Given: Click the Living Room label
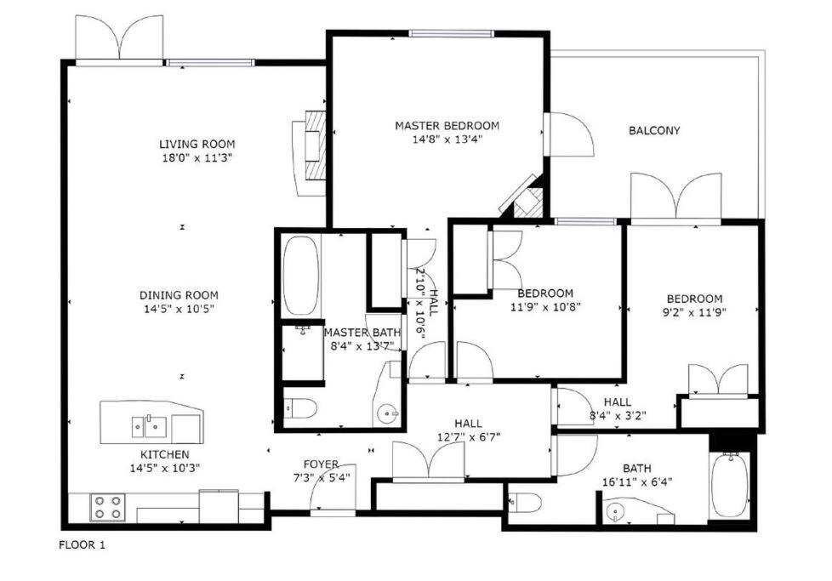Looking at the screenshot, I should (x=197, y=144).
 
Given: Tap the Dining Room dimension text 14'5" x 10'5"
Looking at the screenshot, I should (x=179, y=309).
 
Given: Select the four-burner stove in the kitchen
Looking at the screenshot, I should (x=108, y=507).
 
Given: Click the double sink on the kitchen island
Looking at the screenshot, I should (x=148, y=423).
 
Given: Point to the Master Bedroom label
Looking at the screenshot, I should (x=447, y=126).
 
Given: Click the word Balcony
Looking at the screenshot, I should (x=654, y=130).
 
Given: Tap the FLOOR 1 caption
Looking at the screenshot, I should (x=82, y=544).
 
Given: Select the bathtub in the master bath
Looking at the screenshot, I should (x=299, y=275).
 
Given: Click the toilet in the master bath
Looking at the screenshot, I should (x=299, y=409).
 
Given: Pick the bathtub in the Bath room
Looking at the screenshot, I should (x=729, y=485).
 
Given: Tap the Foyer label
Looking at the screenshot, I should (x=321, y=464).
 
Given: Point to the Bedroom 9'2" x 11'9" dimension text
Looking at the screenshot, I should (x=695, y=311).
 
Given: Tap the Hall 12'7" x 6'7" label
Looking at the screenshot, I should (x=468, y=423).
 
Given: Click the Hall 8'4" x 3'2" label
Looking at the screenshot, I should (x=618, y=402).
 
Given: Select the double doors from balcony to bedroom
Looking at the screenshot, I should (x=675, y=198).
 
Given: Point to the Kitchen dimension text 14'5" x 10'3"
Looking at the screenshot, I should (x=165, y=467).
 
